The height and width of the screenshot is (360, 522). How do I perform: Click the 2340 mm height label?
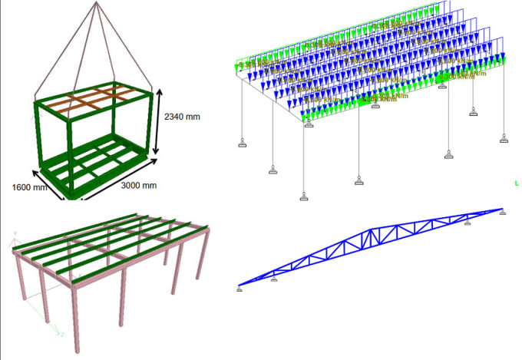[183, 117]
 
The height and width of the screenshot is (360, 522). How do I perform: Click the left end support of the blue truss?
[240, 288]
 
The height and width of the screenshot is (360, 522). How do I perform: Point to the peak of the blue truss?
[374, 229]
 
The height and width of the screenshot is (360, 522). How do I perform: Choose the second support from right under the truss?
[467, 223]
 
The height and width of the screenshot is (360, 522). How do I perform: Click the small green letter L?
[517, 183]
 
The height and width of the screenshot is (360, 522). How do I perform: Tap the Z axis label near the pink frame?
[61, 335]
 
